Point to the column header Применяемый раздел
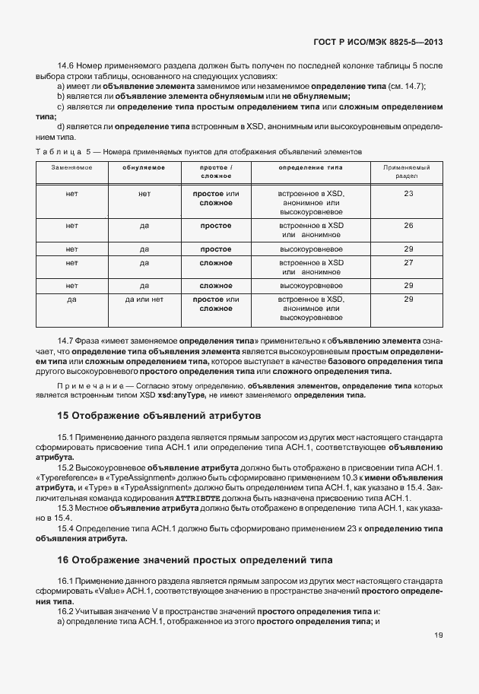tap(408, 171)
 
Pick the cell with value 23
tap(408, 194)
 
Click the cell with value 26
tap(408, 226)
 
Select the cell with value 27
tap(408, 262)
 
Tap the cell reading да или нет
tap(144, 299)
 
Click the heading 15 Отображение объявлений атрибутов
tap(160, 417)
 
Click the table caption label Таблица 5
tap(62, 152)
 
